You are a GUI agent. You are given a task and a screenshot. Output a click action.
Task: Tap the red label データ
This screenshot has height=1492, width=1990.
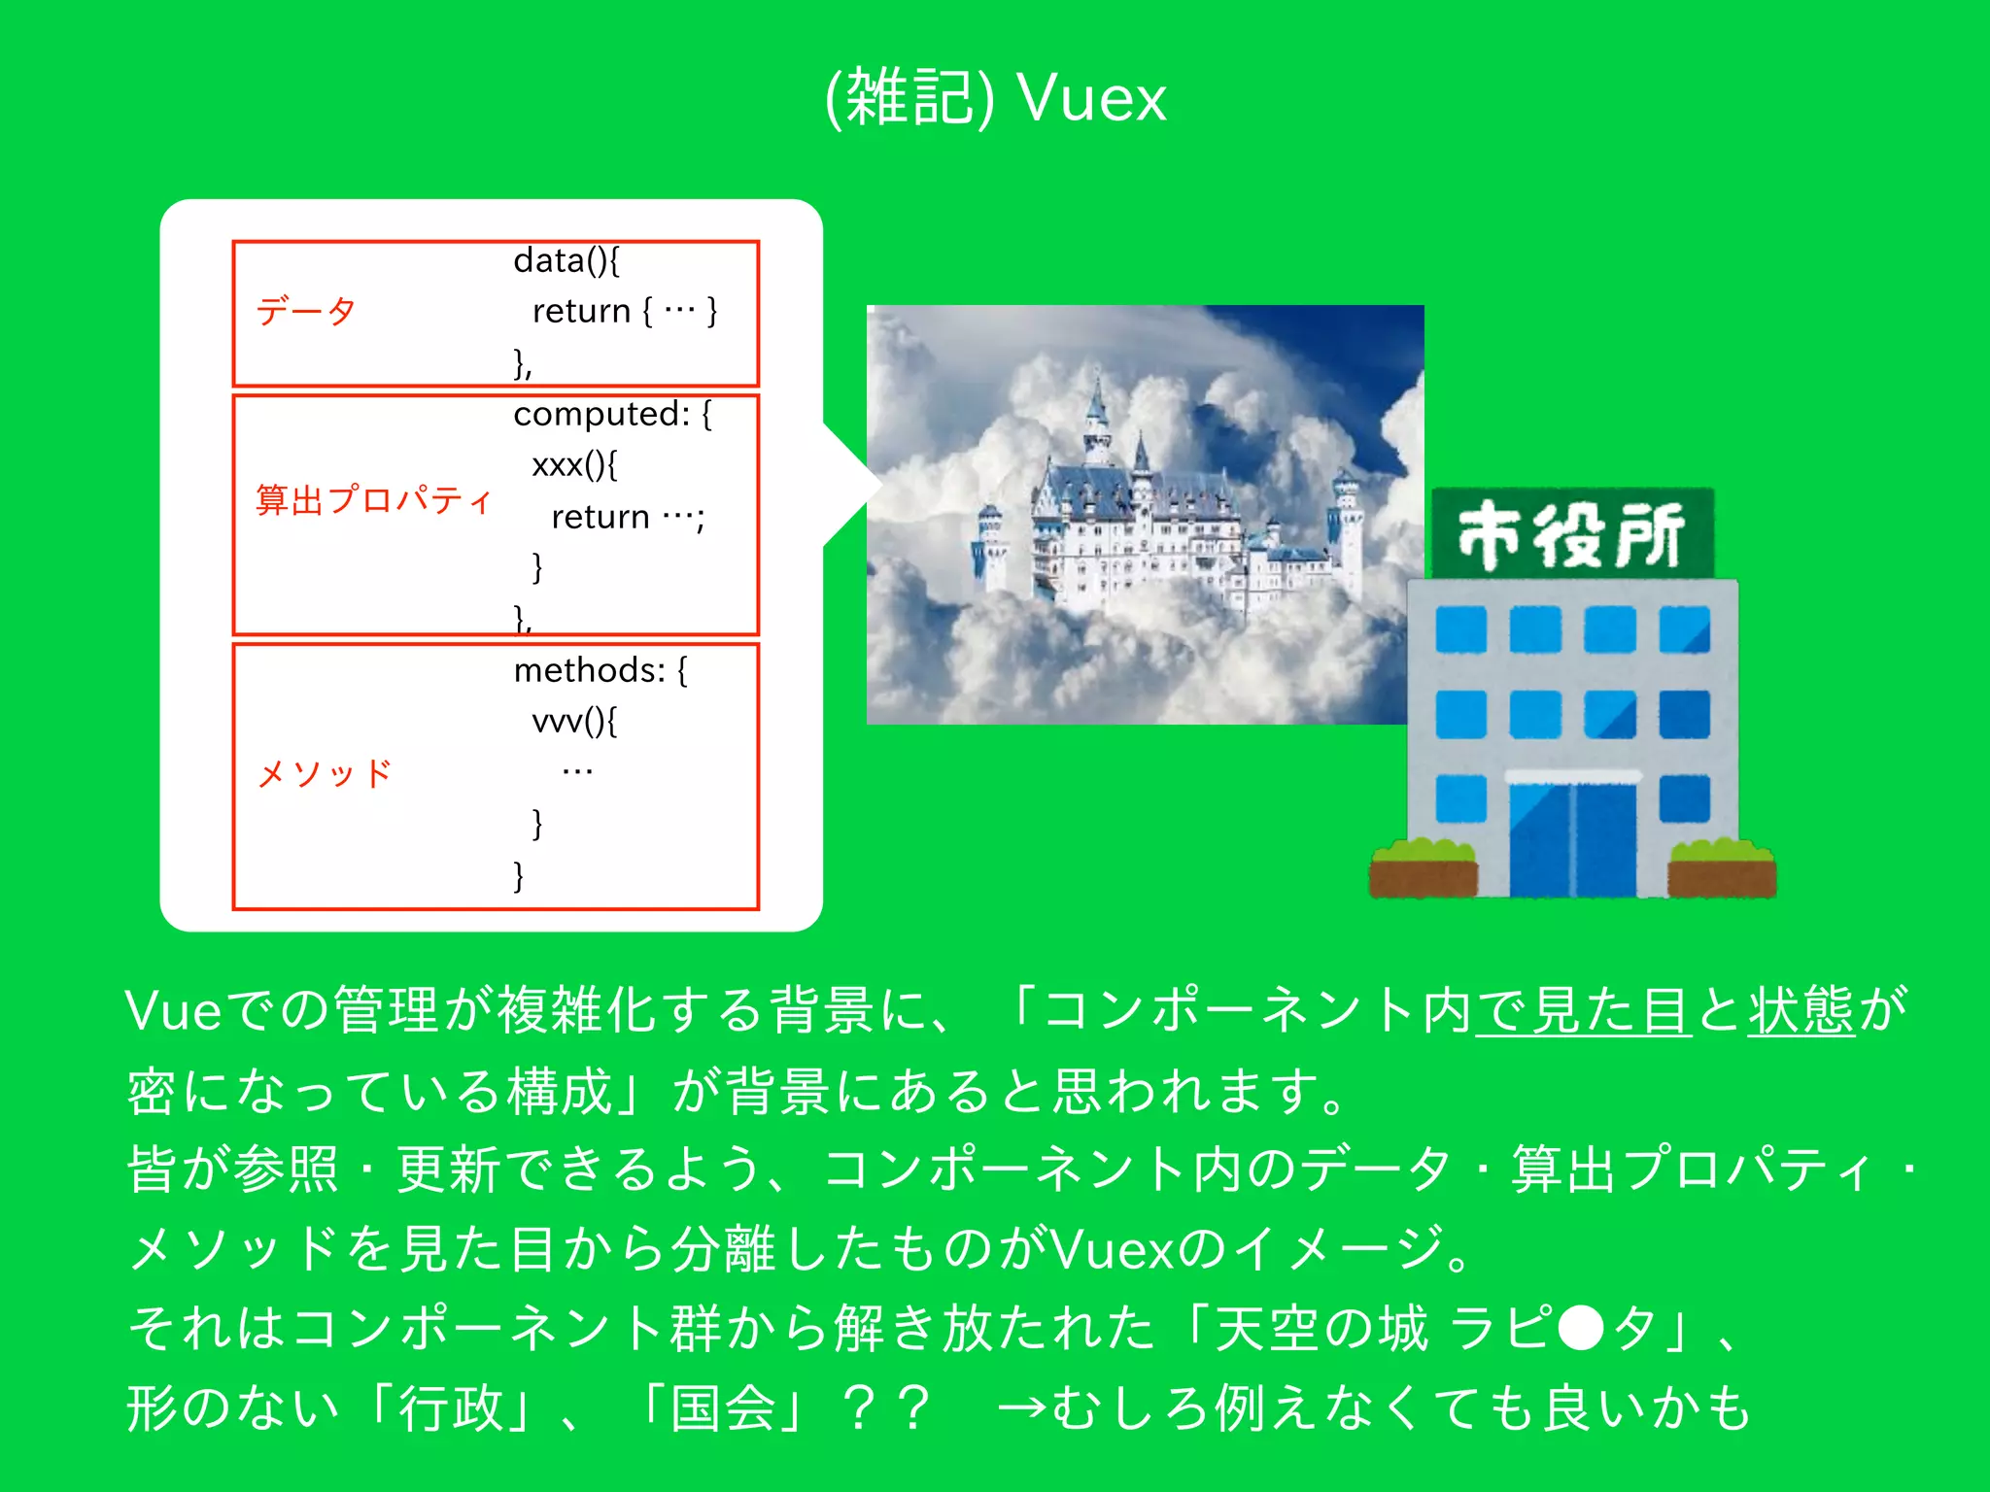click(x=306, y=312)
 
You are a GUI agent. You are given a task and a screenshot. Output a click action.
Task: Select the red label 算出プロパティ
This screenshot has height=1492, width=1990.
click(x=374, y=500)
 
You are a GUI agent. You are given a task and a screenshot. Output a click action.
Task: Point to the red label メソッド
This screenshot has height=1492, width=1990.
click(x=325, y=774)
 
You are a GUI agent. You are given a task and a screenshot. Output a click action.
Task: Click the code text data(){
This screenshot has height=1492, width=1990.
click(x=566, y=261)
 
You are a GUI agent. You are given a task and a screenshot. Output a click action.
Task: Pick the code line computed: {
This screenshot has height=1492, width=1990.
click(x=612, y=415)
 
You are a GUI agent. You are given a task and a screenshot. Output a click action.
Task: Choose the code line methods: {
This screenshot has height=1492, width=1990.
click(x=600, y=671)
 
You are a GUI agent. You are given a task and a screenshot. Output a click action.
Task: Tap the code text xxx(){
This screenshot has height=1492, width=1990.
click(x=574, y=465)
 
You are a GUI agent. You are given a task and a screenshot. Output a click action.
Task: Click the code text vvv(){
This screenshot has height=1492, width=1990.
click(x=574, y=722)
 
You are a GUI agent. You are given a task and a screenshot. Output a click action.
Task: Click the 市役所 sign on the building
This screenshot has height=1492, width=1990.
click(x=1571, y=534)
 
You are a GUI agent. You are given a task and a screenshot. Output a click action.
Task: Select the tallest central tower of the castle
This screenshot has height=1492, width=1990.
click(x=1098, y=418)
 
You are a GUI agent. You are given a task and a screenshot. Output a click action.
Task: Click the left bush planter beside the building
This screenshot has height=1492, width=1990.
click(x=1423, y=869)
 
